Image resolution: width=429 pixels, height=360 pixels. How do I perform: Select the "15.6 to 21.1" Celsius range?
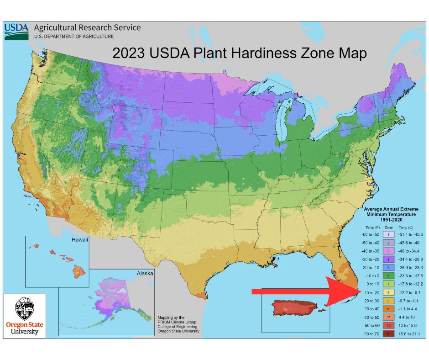tap(409, 334)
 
